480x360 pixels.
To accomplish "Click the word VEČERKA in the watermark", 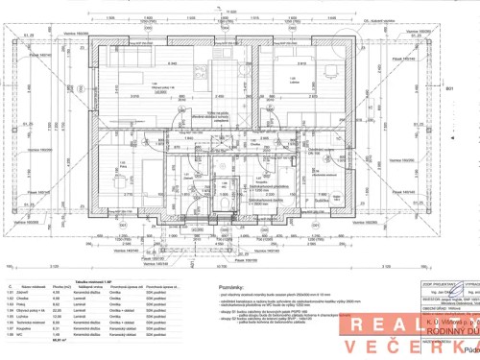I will [x=428, y=344].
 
